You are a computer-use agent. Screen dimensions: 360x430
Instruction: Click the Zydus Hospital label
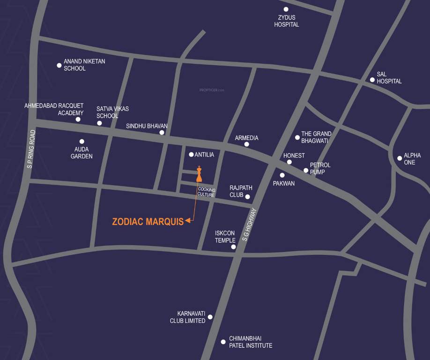pos(286,21)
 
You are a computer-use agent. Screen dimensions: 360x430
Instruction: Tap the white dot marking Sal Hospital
pos(372,80)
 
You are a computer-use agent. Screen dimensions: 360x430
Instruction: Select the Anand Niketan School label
pos(84,65)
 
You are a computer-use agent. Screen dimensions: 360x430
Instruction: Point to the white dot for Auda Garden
pos(82,141)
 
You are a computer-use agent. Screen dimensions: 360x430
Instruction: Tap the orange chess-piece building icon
pos(199,174)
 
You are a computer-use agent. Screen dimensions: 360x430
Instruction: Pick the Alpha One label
pos(412,158)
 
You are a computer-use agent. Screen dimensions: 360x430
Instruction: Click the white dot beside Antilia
pos(191,155)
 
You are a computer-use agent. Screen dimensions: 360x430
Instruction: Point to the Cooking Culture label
pos(206,192)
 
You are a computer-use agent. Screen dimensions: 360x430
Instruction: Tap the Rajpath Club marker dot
pos(248,196)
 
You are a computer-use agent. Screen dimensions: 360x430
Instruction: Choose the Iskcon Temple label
pos(225,237)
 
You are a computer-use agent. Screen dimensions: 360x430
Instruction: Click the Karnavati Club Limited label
pos(191,317)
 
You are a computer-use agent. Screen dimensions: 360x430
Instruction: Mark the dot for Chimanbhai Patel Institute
pos(223,342)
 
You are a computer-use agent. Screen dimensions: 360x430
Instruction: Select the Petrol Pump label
pos(320,168)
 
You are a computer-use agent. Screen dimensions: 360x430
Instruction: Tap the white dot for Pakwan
pos(282,175)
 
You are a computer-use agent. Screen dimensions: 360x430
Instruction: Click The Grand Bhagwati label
pos(316,137)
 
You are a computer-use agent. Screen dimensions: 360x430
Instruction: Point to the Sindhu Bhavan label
pos(147,126)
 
